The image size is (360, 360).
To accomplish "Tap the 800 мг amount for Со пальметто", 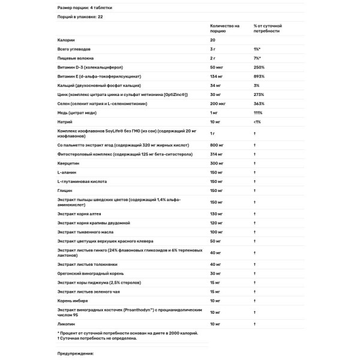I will coord(217,145).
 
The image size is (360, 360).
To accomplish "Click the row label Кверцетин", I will coord(67,163).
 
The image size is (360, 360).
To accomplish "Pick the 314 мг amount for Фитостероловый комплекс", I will coord(217,154).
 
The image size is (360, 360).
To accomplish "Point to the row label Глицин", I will coord(64,190).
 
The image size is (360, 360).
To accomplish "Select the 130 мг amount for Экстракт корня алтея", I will coord(217,214).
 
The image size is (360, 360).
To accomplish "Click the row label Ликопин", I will coord(65,324).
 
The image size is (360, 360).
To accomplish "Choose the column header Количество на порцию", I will coord(224,29).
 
